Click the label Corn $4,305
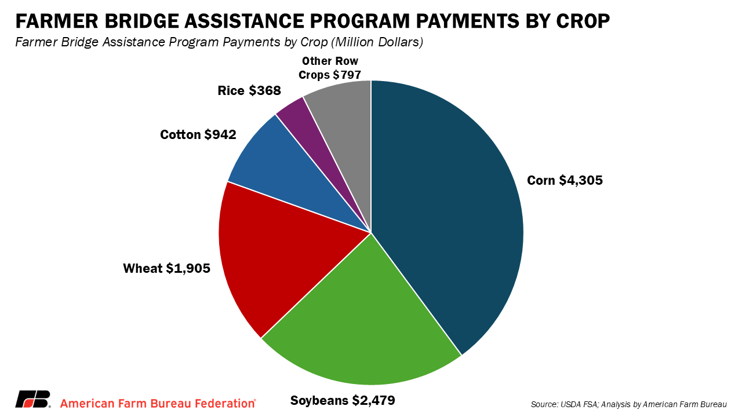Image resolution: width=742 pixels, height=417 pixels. (x=565, y=180)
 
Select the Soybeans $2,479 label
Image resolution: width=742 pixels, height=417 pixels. (x=343, y=400)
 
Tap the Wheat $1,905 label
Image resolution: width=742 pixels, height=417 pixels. (x=166, y=268)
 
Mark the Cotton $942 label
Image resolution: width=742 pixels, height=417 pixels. (x=198, y=134)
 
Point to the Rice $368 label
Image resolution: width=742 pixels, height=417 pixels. (x=249, y=90)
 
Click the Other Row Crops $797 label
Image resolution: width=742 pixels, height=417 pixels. (x=330, y=68)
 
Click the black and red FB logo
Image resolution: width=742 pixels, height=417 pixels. (x=32, y=399)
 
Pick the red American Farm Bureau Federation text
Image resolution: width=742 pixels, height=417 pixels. (x=158, y=403)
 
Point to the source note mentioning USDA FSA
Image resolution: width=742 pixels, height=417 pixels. (x=628, y=404)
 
